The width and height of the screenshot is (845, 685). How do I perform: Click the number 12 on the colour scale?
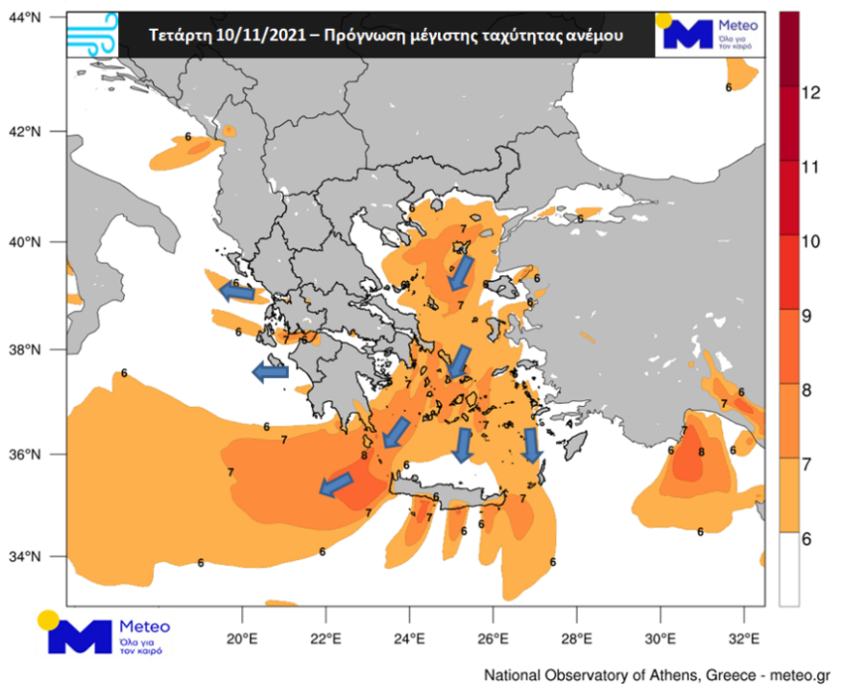pos(809,92)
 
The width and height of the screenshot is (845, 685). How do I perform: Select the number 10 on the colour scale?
pos(809,240)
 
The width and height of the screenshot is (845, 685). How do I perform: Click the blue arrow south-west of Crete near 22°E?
pos(335,485)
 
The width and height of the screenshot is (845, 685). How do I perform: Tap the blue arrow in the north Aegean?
pos(461,272)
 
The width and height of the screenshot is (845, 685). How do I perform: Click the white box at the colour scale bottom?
pos(788,568)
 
